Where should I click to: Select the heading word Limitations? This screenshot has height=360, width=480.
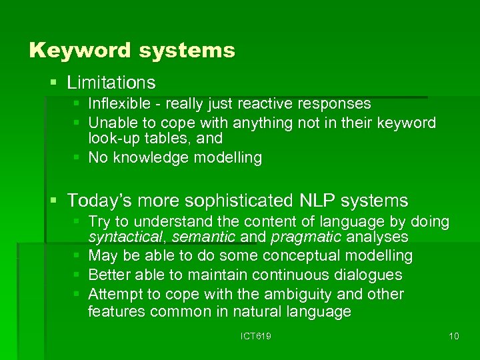[x=111, y=83]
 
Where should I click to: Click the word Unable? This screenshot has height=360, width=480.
[x=110, y=123]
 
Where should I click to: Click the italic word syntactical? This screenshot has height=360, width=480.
[x=125, y=237]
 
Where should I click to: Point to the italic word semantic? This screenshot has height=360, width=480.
[x=203, y=237]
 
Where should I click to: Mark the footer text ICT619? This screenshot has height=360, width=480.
[x=255, y=336]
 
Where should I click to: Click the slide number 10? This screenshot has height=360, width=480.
[x=453, y=336]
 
